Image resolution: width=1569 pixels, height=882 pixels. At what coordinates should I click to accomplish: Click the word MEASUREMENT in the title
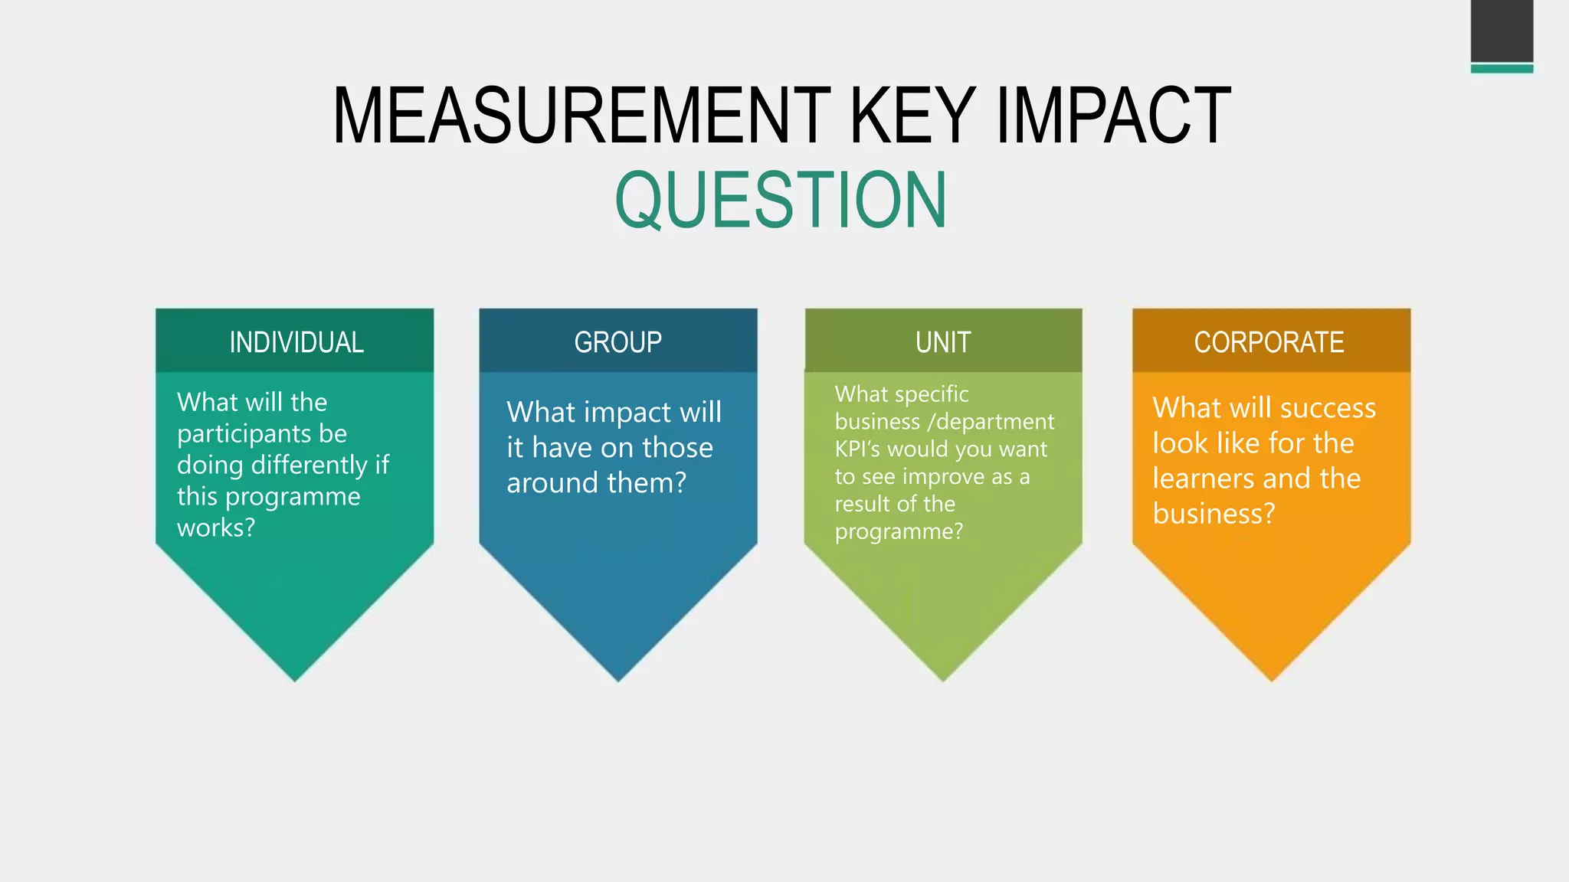click(x=581, y=116)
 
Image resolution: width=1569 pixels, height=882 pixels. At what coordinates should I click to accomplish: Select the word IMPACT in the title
click(x=1113, y=116)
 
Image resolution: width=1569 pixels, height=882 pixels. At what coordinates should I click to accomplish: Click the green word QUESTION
click(x=781, y=201)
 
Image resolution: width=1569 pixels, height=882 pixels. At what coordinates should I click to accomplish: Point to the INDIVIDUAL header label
click(x=296, y=342)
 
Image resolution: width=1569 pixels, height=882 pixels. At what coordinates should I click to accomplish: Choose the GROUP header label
click(x=618, y=342)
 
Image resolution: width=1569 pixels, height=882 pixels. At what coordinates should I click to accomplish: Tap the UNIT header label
click(x=943, y=342)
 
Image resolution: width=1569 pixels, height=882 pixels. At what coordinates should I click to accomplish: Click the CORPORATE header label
click(x=1269, y=342)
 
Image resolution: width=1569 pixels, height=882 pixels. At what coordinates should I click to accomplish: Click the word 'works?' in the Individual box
click(x=215, y=528)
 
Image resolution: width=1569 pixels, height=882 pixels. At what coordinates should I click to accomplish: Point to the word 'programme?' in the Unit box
click(x=899, y=531)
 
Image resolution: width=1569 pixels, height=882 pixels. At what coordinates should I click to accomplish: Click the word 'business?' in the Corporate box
click(x=1214, y=514)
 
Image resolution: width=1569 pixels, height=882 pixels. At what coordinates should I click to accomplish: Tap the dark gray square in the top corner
click(x=1502, y=31)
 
